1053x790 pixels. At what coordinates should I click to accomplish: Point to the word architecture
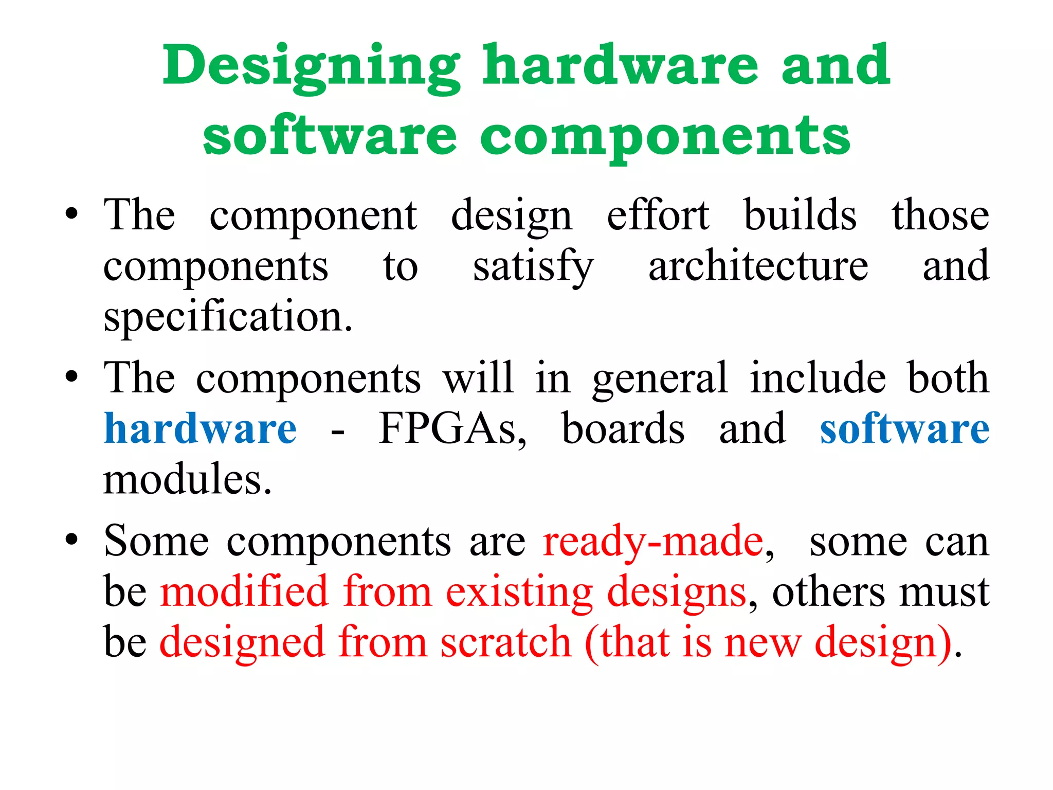(758, 266)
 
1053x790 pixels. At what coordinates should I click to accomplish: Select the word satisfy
(533, 267)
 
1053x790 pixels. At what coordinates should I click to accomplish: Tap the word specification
(228, 316)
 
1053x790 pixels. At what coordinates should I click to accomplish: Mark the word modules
(187, 479)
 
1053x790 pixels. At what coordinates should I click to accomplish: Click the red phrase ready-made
(653, 541)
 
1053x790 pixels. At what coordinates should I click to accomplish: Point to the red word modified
(244, 591)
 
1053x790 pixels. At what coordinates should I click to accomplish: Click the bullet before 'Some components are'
(71, 540)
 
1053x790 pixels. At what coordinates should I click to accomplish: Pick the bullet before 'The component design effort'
(71, 213)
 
